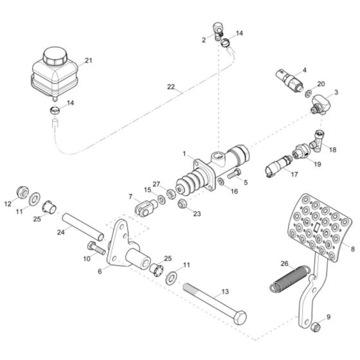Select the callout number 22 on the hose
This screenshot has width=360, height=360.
[170, 87]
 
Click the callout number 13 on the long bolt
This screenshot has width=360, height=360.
[224, 292]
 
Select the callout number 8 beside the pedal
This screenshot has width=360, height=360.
[352, 247]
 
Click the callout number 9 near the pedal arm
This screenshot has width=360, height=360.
[328, 317]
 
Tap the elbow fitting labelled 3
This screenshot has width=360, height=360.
[318, 105]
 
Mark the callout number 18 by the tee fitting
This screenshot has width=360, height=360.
[332, 149]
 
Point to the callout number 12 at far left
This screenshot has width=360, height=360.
[8, 204]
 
